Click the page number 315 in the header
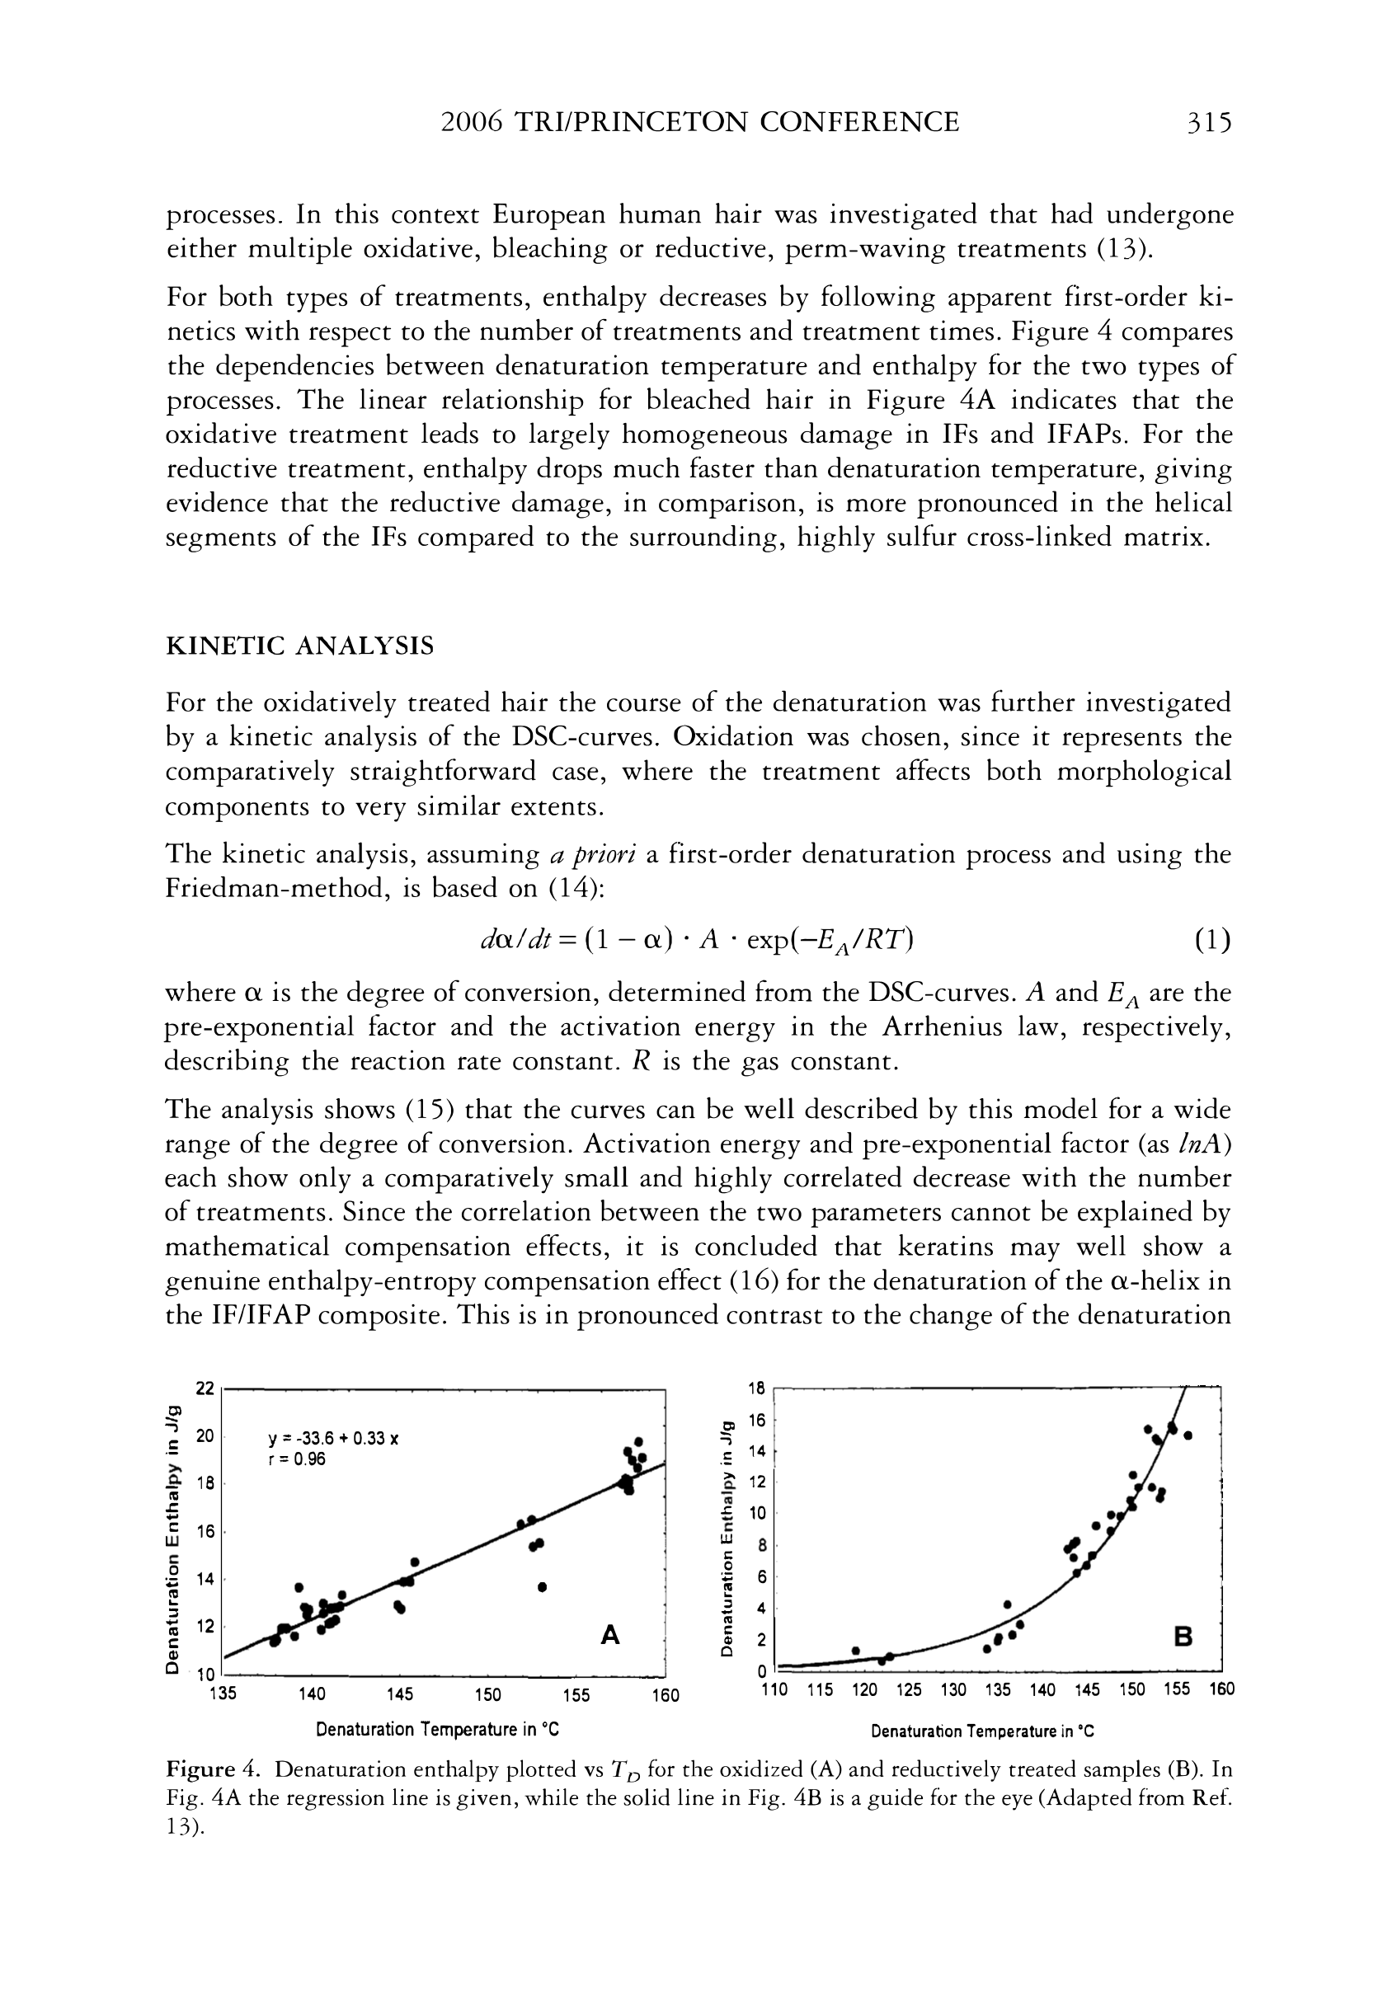[x=1208, y=121]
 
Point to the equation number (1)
[x=1211, y=940]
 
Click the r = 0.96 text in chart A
[x=296, y=1459]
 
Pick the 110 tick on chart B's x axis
[x=774, y=1689]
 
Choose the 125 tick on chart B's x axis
[x=909, y=1689]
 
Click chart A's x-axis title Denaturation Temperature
[x=437, y=1729]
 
